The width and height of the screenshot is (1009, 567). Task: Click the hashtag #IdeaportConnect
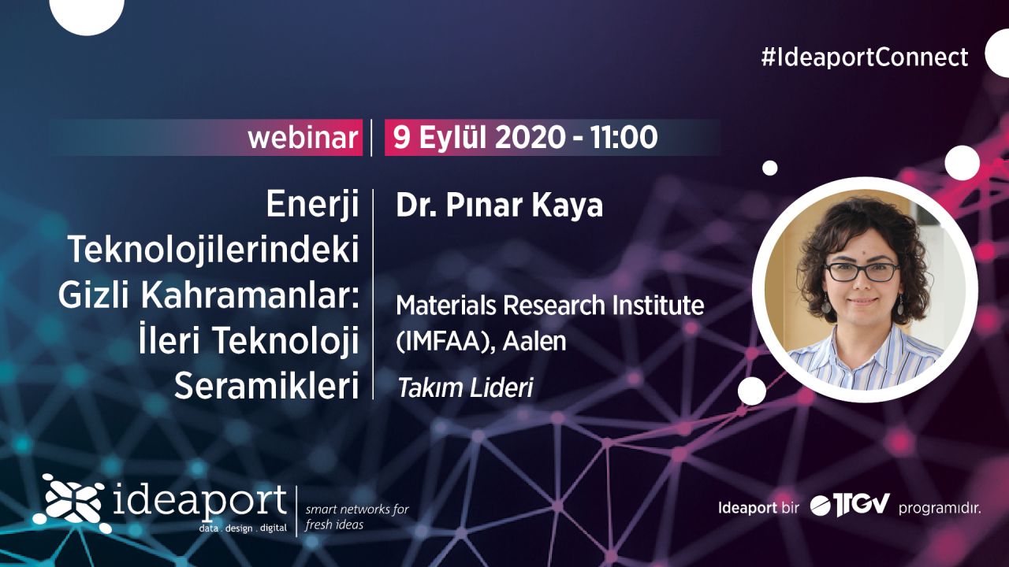(865, 57)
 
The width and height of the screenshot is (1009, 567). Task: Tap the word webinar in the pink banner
(303, 138)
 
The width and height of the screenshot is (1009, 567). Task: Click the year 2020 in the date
(531, 137)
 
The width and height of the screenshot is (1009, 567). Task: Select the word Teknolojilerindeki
(214, 250)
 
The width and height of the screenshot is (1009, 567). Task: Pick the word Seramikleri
(266, 386)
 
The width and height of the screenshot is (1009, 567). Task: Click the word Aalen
(534, 341)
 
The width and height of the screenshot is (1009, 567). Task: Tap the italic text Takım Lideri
(465, 388)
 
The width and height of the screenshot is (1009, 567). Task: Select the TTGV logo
(850, 506)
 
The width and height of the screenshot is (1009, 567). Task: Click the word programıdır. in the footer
(939, 509)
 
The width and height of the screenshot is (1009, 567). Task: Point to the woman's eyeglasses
(862, 272)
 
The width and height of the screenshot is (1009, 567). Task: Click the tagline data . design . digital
(243, 528)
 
